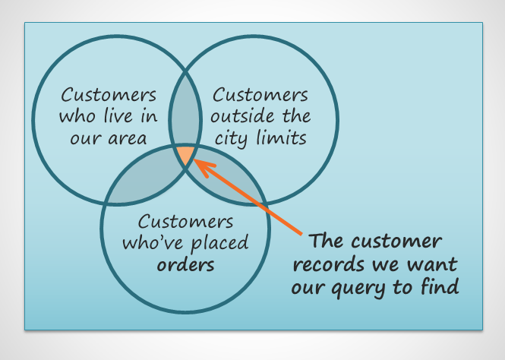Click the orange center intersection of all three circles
185,155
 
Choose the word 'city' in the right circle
232,138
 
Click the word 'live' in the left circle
119,117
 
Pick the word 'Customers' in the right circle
260,96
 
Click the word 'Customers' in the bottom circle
185,223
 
